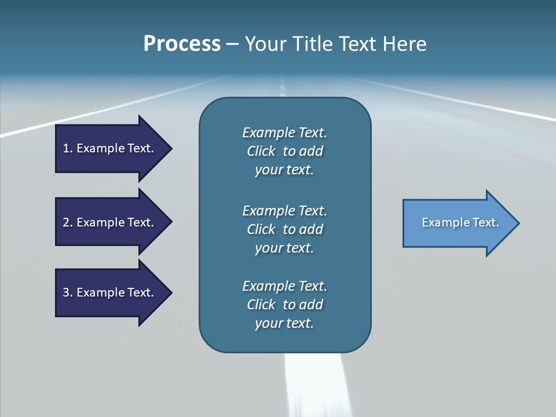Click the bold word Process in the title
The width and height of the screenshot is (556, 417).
[182, 44]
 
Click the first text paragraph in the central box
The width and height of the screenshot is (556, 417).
[284, 151]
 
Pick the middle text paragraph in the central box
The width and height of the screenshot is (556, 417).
[284, 229]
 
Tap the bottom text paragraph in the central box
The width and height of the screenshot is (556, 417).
[284, 305]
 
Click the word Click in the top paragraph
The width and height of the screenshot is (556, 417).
[261, 151]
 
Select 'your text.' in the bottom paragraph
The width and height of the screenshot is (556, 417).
[284, 323]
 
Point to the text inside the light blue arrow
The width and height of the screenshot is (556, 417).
[460, 222]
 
